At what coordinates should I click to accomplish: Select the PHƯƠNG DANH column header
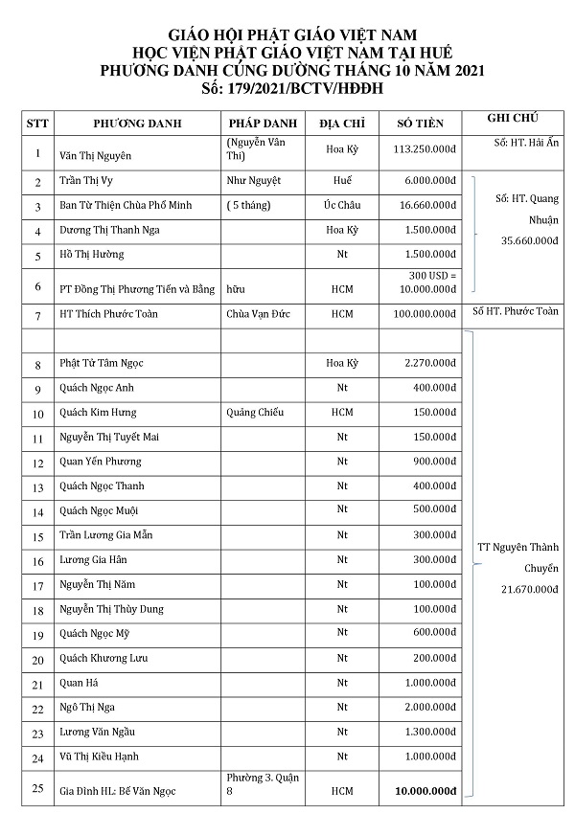pyautogui.click(x=138, y=124)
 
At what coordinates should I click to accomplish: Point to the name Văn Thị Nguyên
pyautogui.click(x=96, y=155)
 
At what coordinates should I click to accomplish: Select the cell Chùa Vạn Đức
pyautogui.click(x=258, y=314)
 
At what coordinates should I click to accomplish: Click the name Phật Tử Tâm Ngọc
pyautogui.click(x=102, y=364)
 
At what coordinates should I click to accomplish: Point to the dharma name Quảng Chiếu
pyautogui.click(x=255, y=413)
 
